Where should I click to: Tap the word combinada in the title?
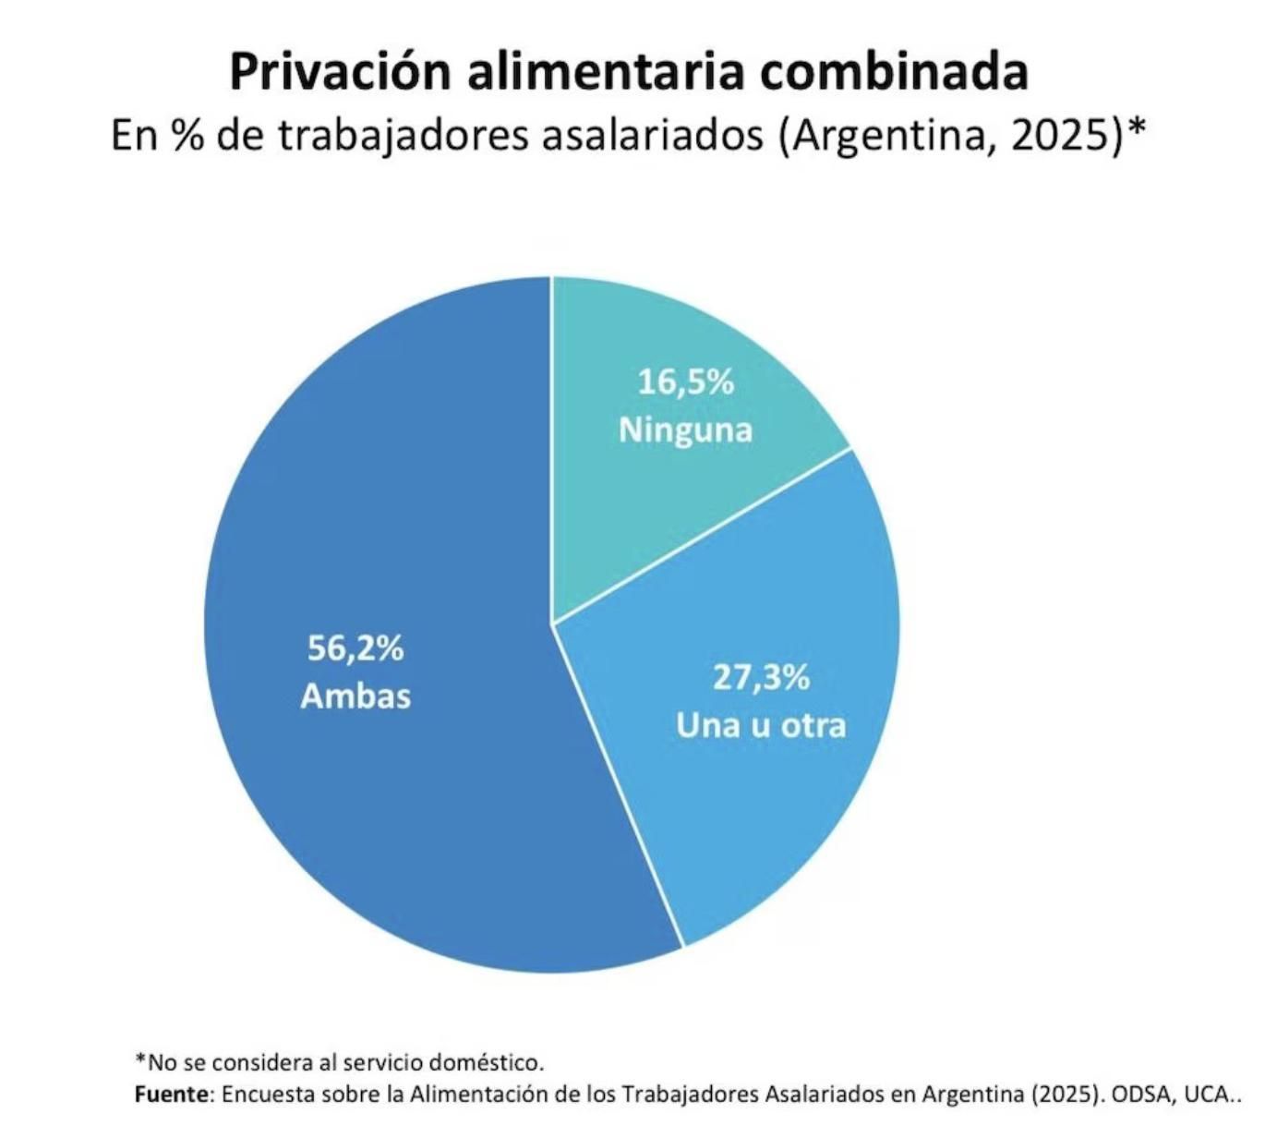(x=894, y=72)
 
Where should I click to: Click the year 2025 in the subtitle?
(x=1061, y=136)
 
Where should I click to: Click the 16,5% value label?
(x=685, y=381)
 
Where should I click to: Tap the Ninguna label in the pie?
(x=685, y=430)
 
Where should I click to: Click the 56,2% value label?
(x=355, y=648)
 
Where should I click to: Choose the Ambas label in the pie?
(x=355, y=696)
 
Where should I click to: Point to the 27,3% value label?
(x=761, y=677)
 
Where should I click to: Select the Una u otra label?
(x=761, y=725)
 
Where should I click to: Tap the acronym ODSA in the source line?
(x=1138, y=1095)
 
